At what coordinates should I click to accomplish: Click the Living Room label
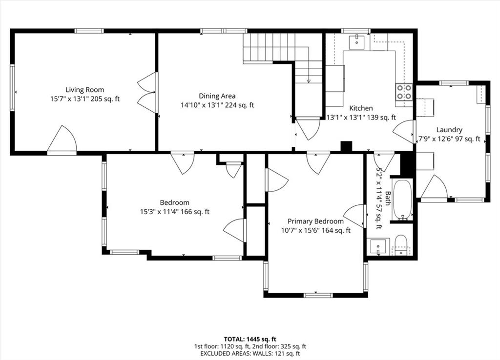[84, 90]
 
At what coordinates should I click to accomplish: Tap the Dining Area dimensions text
[217, 105]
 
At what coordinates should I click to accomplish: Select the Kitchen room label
[361, 108]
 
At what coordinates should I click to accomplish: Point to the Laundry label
[449, 130]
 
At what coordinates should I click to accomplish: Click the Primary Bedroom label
[316, 221]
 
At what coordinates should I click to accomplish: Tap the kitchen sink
[357, 42]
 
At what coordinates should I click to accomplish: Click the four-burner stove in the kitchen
[404, 92]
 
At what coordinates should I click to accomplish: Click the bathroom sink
[378, 246]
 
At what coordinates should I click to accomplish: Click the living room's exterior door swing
[62, 139]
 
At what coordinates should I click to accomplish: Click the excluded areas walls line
[250, 353]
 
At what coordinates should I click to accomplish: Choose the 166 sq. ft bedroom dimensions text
[174, 212]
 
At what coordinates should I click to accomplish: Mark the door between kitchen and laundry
[404, 131]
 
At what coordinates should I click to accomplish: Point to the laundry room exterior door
[434, 188]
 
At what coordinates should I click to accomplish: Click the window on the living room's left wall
[12, 88]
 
